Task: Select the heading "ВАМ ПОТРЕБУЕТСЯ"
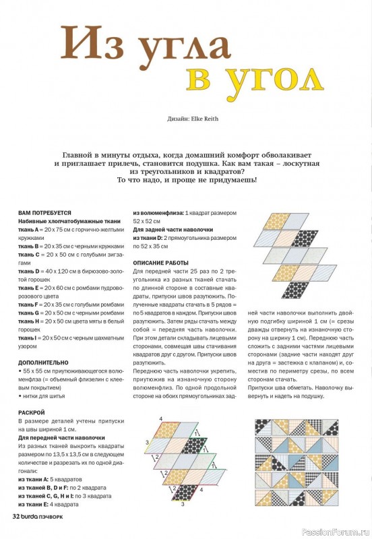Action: (44, 212)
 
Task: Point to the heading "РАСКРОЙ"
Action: (32, 412)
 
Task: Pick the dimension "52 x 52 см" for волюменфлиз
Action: (148, 221)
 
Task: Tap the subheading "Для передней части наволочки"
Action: (57, 437)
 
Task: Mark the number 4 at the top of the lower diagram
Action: (161, 420)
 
